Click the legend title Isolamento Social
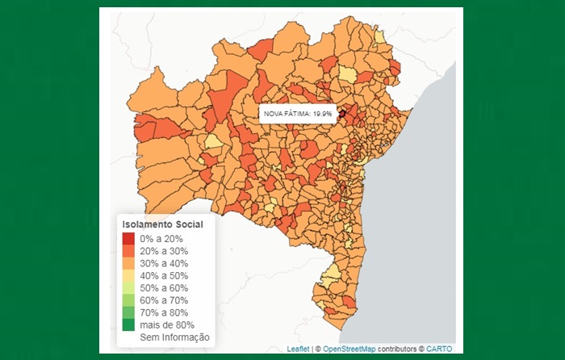pos(161,224)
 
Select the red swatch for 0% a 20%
pos(129,239)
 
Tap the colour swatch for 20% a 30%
pos(129,251)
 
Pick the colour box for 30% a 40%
pos(129,263)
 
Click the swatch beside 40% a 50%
pos(129,275)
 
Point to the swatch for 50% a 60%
pos(129,287)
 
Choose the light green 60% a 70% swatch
pos(129,299)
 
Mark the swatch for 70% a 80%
pos(129,312)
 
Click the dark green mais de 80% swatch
pos(129,324)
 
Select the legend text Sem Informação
pos(174,337)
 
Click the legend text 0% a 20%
pos(161,239)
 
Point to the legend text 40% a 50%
pos(164,275)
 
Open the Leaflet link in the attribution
pos(299,349)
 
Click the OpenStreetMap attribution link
pos(349,349)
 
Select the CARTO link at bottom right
pos(439,349)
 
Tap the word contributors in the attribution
pos(398,349)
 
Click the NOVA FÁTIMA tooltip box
pos(298,114)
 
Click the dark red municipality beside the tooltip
pos(341,114)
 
